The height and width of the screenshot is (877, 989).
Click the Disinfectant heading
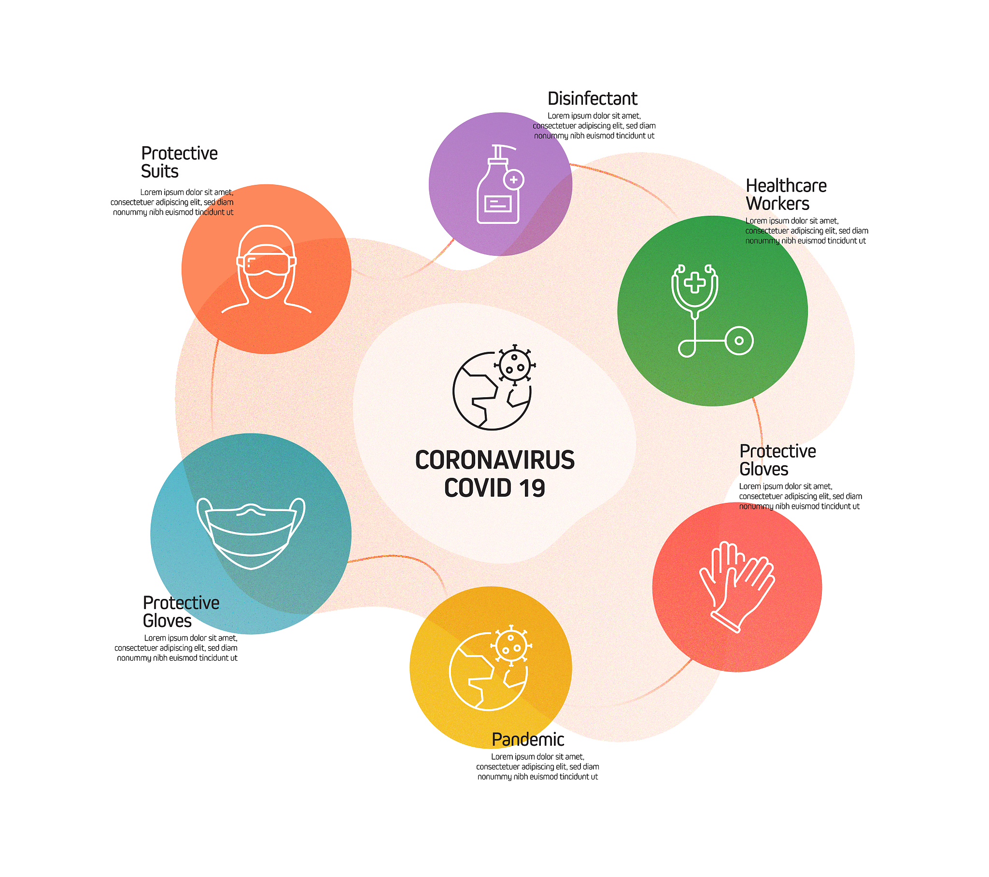[592, 98]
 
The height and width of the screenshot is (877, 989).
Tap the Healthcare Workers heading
[786, 195]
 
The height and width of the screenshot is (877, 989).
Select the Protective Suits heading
[179, 162]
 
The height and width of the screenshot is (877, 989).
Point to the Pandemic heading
[528, 739]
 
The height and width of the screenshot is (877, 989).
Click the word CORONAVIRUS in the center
[495, 460]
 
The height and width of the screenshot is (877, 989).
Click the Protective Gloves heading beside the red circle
[777, 460]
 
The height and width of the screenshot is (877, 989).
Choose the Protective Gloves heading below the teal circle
[181, 612]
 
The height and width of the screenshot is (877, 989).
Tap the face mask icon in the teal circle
[251, 533]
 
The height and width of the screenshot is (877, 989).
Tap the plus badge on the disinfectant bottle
[514, 180]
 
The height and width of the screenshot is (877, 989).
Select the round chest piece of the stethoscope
[739, 341]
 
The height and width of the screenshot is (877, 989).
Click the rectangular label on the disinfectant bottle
[498, 204]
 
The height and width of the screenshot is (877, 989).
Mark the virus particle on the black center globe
[515, 365]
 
